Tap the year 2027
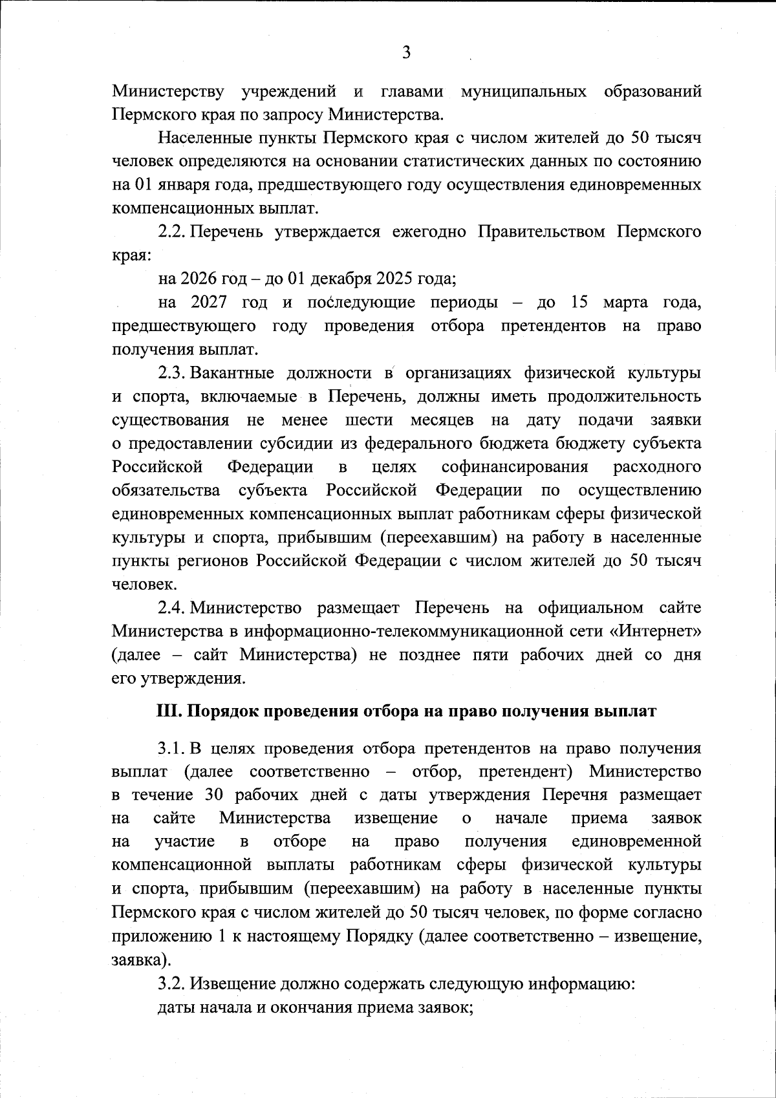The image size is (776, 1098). point(209,303)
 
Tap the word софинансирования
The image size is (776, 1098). point(515,467)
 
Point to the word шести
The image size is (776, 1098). point(369,420)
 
